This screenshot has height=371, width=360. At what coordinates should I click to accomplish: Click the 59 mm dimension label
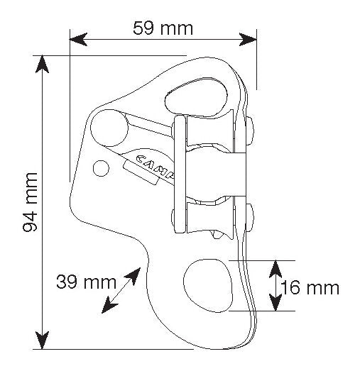tap(163, 28)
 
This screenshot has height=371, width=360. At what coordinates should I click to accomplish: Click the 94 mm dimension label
tap(31, 202)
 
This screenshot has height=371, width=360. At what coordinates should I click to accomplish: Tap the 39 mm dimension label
tap(86, 282)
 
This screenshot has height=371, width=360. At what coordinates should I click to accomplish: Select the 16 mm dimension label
tap(310, 288)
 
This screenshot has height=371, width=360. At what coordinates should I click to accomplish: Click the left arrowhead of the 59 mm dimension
tap(78, 39)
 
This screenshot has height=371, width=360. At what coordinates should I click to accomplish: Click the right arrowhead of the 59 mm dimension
tap(248, 39)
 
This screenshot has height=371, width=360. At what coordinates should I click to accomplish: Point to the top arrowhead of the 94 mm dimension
tap(42, 64)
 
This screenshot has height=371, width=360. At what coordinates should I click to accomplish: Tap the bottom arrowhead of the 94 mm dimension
tap(42, 340)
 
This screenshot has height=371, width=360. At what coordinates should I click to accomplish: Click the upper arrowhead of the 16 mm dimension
tap(276, 269)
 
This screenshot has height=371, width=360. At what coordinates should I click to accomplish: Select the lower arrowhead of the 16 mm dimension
tap(276, 302)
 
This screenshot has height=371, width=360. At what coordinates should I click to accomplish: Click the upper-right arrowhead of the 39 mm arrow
tap(134, 275)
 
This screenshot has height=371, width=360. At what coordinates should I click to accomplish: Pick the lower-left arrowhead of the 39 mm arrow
tap(109, 306)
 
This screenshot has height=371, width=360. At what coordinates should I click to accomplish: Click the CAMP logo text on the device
tap(156, 165)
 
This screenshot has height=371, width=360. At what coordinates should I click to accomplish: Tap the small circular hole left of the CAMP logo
tap(101, 168)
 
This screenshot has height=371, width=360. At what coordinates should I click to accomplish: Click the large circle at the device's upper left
tap(109, 128)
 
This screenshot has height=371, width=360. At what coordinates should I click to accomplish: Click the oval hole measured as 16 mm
tap(208, 286)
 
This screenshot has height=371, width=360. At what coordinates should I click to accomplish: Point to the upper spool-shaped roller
tap(210, 131)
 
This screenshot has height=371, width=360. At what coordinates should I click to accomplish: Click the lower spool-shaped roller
tap(210, 217)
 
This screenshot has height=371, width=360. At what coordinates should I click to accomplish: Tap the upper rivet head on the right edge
tap(250, 131)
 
